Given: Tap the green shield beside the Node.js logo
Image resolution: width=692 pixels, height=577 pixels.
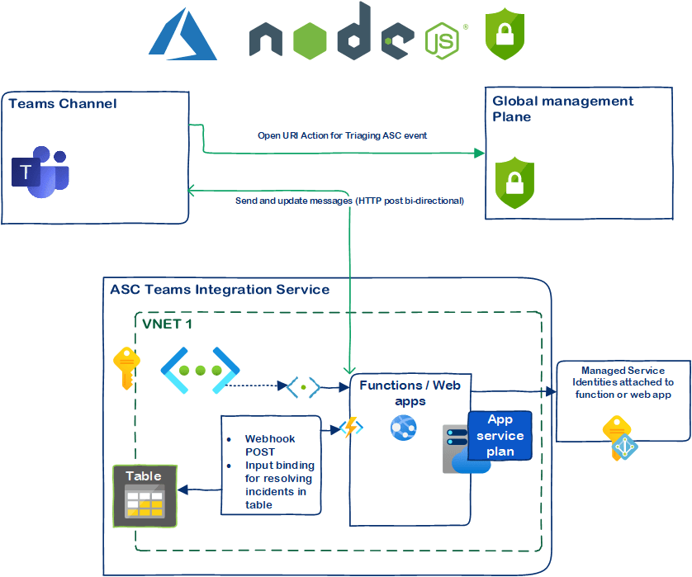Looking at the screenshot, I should pos(505,34).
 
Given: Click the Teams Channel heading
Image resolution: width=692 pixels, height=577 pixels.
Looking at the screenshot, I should pos(63,104).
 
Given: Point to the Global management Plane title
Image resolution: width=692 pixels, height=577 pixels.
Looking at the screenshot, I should pos(563,109).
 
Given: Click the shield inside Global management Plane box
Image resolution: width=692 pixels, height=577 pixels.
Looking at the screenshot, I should pos(514,183).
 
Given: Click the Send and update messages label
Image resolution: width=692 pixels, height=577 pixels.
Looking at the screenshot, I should pos(349,201).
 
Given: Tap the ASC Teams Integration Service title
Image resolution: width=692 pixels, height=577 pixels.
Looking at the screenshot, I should pos(220,290).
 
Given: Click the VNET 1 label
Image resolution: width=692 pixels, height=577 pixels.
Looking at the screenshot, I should pos(167,324).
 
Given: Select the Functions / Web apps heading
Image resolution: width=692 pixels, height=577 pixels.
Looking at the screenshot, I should pos(410,392).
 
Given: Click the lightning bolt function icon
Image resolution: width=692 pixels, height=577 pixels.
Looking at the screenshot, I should pos(352,428).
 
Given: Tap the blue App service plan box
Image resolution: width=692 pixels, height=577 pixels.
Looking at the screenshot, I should pos(500,436).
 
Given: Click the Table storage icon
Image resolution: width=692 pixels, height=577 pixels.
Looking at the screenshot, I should pos(145,496).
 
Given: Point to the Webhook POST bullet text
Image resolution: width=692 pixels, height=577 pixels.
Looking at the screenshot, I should pos(270,445).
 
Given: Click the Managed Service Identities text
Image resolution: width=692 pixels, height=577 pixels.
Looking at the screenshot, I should pos(623,382).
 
